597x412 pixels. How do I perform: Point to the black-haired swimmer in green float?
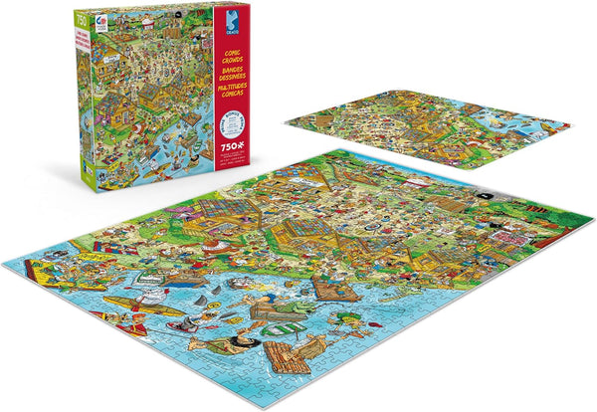point(231,344)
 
